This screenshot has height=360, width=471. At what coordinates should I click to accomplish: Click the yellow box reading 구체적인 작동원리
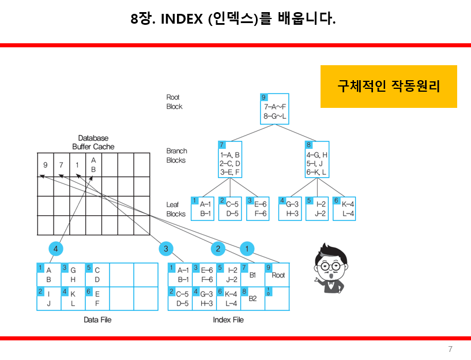click(x=389, y=87)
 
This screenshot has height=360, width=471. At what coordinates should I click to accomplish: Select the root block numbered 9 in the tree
click(x=274, y=108)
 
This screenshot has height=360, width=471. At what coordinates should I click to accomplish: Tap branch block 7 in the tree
click(x=230, y=159)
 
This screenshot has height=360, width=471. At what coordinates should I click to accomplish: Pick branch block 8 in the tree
click(x=317, y=159)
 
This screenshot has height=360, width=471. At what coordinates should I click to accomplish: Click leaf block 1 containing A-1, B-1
click(x=203, y=208)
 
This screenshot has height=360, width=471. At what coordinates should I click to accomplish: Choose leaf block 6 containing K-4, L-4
click(x=344, y=208)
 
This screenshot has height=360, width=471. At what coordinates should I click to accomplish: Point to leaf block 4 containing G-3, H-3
click(x=290, y=208)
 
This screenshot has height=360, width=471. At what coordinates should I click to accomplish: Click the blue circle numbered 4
click(x=55, y=249)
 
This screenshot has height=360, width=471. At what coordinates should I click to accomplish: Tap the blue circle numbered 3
click(x=166, y=249)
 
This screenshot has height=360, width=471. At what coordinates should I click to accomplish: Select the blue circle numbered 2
click(x=218, y=249)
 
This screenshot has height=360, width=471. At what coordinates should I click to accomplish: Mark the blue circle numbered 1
click(x=247, y=249)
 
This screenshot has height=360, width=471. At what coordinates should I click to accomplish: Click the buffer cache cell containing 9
click(x=46, y=166)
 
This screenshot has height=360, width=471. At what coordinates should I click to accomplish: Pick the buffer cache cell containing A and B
click(x=93, y=166)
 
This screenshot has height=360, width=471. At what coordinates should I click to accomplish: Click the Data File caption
click(x=97, y=320)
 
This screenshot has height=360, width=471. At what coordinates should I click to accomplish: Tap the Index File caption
click(x=228, y=320)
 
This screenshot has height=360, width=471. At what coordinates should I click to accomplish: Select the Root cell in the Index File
click(x=276, y=275)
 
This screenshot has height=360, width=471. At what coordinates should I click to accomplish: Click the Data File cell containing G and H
click(x=73, y=275)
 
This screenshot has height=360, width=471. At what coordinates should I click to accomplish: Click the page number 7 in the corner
click(x=450, y=349)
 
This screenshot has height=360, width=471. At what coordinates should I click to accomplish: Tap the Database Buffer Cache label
click(x=93, y=142)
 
